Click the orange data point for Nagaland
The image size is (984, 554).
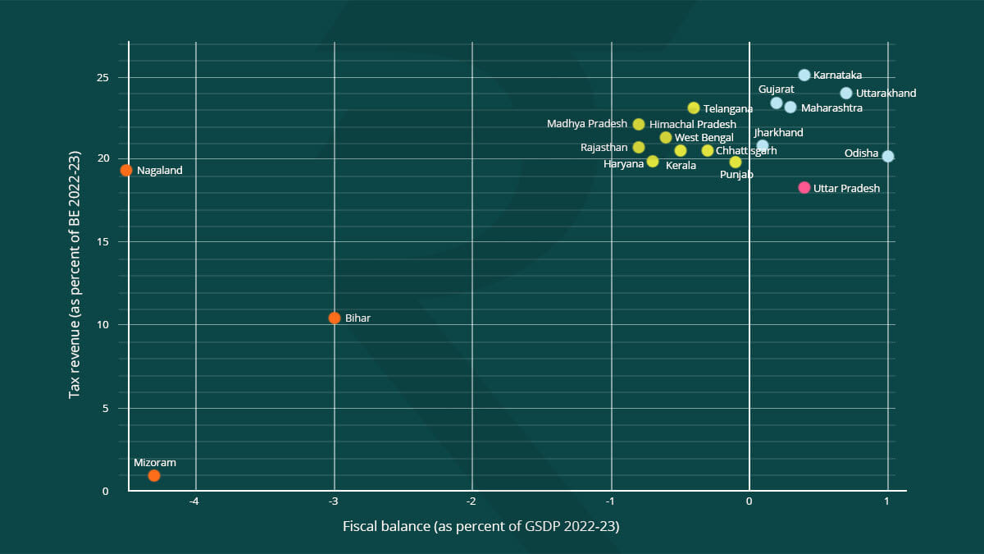(x=126, y=170)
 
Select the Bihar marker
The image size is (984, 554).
(x=334, y=318)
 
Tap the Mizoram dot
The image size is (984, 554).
(x=154, y=475)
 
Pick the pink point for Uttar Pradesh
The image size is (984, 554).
(x=804, y=188)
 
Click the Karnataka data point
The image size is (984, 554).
(x=804, y=76)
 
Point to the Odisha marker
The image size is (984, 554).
(x=888, y=156)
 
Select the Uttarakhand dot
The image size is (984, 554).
(x=846, y=93)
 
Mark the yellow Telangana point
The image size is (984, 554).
(x=694, y=108)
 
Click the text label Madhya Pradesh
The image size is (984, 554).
(x=586, y=124)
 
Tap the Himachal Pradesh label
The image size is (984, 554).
(x=692, y=124)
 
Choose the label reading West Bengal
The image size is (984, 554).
(x=704, y=137)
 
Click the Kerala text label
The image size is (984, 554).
(x=681, y=165)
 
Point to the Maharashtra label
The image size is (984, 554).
(x=831, y=108)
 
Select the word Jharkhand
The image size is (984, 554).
(x=778, y=132)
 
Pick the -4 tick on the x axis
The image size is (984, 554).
(x=195, y=501)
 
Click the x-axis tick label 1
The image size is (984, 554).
(x=887, y=501)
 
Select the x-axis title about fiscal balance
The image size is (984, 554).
(x=481, y=526)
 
